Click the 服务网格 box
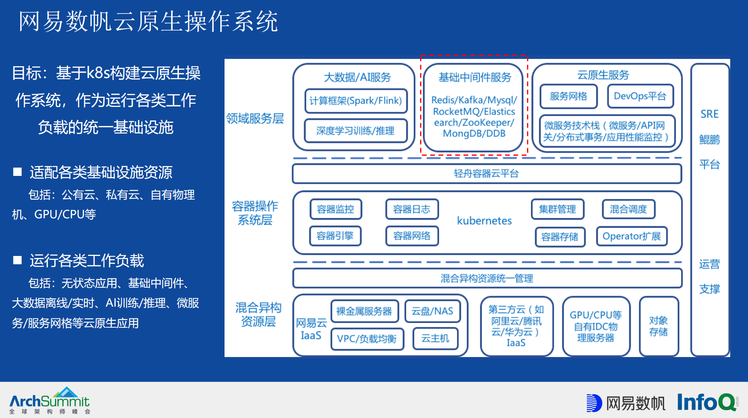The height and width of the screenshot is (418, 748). (x=568, y=96)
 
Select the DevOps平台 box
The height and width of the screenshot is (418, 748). (x=640, y=96)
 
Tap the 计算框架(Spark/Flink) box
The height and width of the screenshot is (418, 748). (x=356, y=101)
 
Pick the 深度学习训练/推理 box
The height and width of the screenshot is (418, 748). (x=356, y=131)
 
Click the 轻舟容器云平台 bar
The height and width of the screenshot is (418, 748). (x=486, y=174)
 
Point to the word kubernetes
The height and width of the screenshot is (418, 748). (x=484, y=221)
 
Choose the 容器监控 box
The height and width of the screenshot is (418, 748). (x=335, y=209)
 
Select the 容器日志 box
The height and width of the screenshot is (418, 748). (x=412, y=209)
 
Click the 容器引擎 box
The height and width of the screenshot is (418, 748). (x=335, y=236)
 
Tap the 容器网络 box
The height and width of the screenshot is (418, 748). (x=412, y=236)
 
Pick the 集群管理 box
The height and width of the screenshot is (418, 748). (x=557, y=209)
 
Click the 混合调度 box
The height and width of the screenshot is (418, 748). (x=628, y=209)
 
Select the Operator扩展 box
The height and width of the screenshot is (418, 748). (x=632, y=237)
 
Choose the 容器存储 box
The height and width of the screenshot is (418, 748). (x=560, y=237)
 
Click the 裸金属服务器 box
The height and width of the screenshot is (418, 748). (x=364, y=311)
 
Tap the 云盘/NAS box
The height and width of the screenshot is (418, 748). (x=432, y=311)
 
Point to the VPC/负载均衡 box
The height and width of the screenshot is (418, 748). (x=367, y=339)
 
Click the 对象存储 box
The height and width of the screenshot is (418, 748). (x=659, y=326)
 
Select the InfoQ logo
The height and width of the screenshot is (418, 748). (x=707, y=402)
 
